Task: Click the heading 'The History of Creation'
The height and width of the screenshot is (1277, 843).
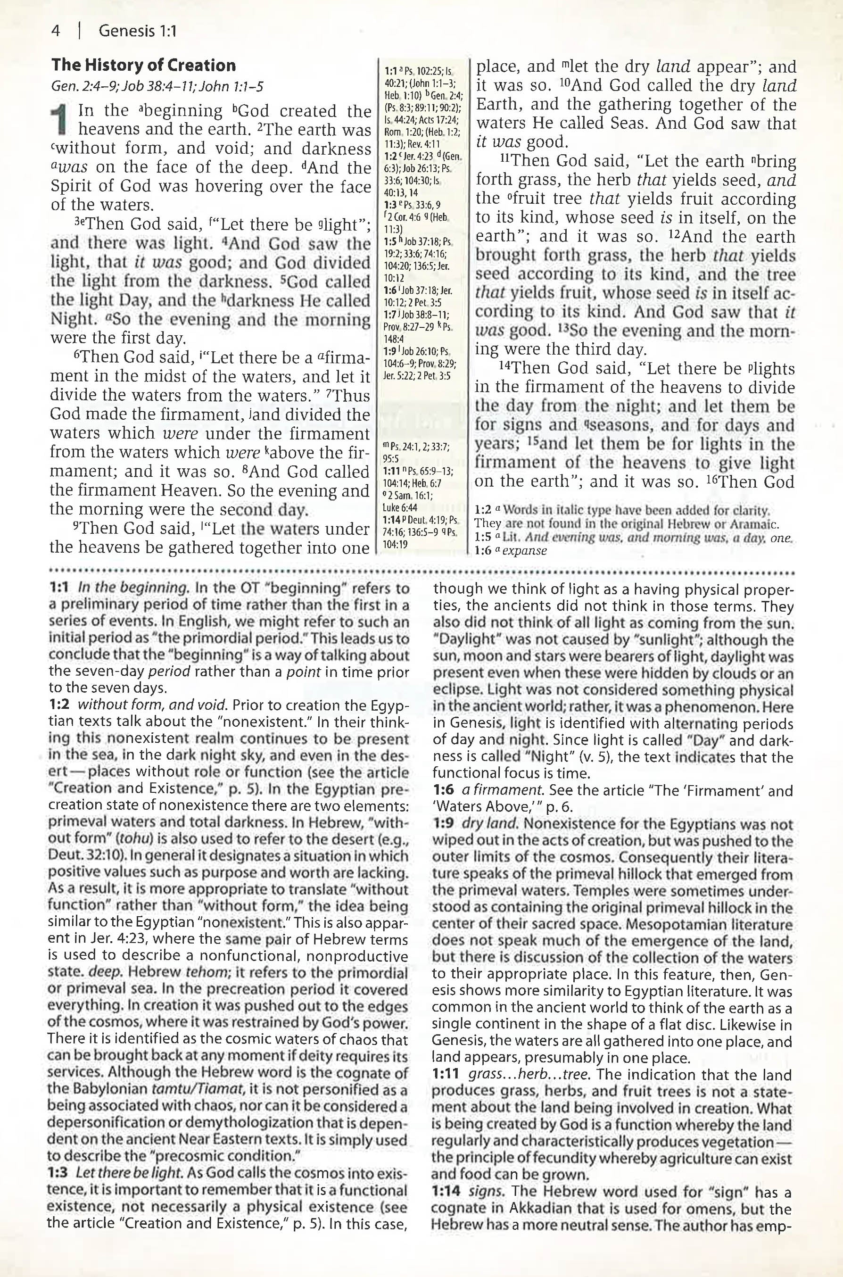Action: pyautogui.click(x=143, y=66)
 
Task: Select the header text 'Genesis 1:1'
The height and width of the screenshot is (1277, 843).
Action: pyautogui.click(x=138, y=31)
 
